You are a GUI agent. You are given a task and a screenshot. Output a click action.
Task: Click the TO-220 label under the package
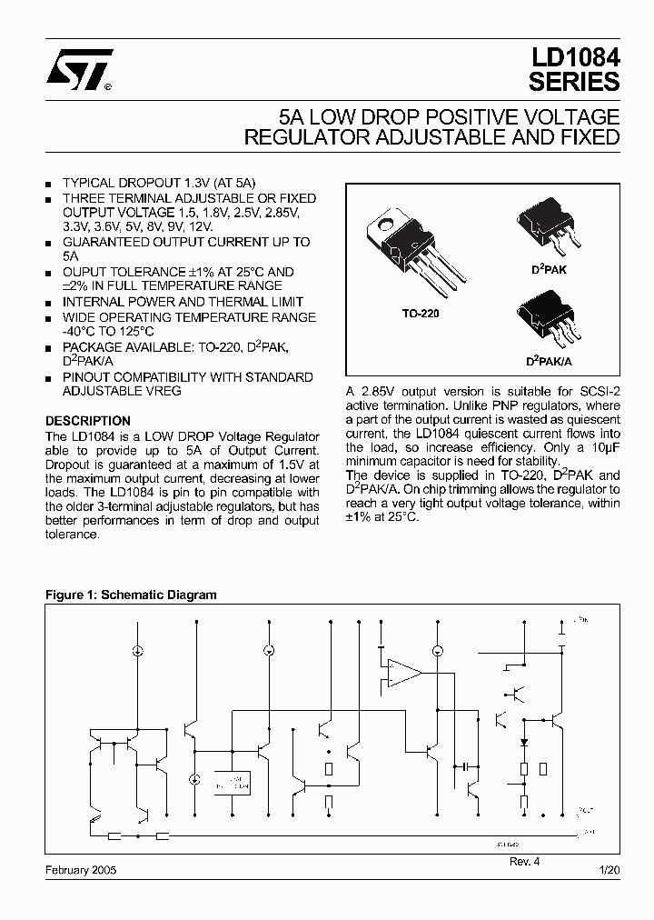pyautogui.click(x=421, y=313)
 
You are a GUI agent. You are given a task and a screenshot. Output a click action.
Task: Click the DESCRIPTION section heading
pyautogui.click(x=88, y=421)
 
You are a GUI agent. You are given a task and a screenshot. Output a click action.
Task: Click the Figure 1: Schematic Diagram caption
pyautogui.click(x=132, y=595)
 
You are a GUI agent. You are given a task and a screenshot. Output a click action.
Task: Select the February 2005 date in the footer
pyautogui.click(x=81, y=869)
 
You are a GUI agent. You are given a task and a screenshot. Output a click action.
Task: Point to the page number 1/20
pyautogui.click(x=609, y=869)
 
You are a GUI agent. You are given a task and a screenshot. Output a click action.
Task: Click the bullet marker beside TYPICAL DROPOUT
pyautogui.click(x=49, y=184)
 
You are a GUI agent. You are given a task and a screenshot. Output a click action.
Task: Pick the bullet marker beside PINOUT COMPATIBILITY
pyautogui.click(x=49, y=378)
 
